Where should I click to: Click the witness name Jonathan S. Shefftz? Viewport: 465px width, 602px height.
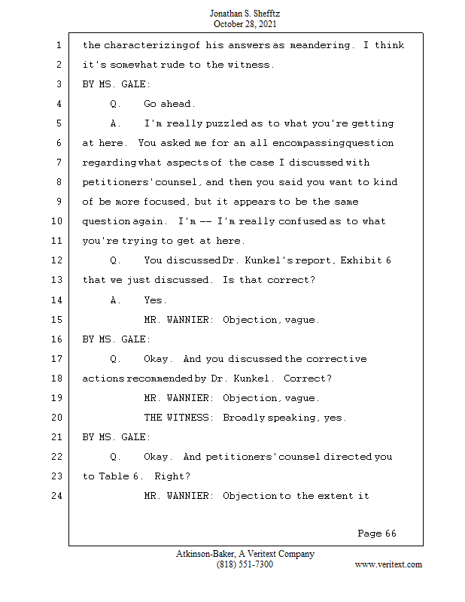245,14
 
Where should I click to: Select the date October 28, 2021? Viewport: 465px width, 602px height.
245,24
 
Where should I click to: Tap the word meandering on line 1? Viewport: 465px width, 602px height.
320,45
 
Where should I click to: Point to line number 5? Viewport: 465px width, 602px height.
59,123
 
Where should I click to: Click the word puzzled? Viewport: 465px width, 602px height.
226,123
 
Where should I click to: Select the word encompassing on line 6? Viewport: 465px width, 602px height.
308,143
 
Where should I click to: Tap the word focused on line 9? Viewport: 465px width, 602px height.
166,202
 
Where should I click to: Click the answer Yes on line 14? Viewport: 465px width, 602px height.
155,299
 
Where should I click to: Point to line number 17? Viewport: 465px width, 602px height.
56,359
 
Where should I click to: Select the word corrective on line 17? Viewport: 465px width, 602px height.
336,359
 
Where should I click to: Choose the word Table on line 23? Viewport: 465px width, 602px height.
114,476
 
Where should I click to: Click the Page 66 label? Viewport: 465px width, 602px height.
377,534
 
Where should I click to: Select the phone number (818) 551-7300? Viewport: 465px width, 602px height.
245,564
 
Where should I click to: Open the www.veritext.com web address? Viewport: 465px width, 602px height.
388,564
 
